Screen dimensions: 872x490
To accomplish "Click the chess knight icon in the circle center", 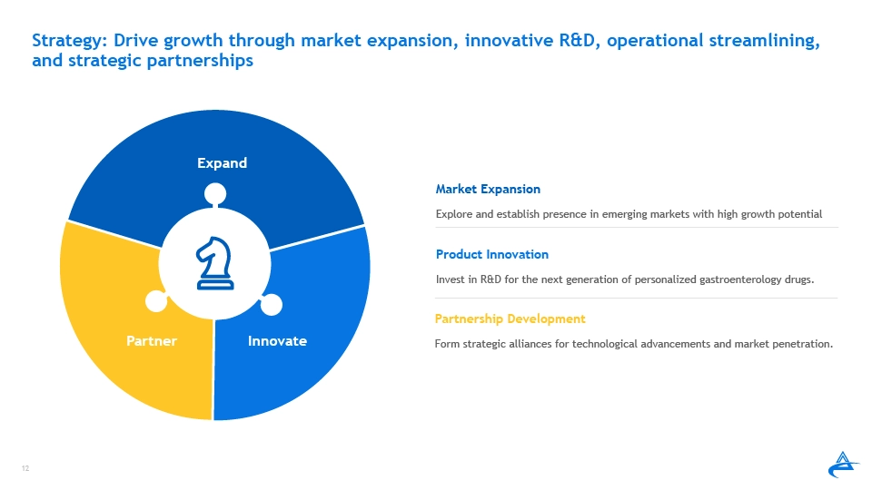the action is coord(214,263).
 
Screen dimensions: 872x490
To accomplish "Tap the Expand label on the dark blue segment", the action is coord(222,163).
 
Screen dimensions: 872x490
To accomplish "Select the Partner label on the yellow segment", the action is coord(152,340).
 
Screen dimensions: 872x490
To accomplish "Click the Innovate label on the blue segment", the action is coord(277,340).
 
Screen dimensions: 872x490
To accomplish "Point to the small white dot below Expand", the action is coord(215,194).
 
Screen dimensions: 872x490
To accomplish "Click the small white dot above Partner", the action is coord(156,301).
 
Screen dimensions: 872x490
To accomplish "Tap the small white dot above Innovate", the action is coord(272,305).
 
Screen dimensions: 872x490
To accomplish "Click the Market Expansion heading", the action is coord(488,190).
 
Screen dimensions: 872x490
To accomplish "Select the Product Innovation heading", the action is coord(492,254).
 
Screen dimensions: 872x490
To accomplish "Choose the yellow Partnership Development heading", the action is coord(510,318).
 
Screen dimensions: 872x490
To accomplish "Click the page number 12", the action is coord(25,468).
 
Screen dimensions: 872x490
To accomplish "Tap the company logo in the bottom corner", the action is coord(843,465).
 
